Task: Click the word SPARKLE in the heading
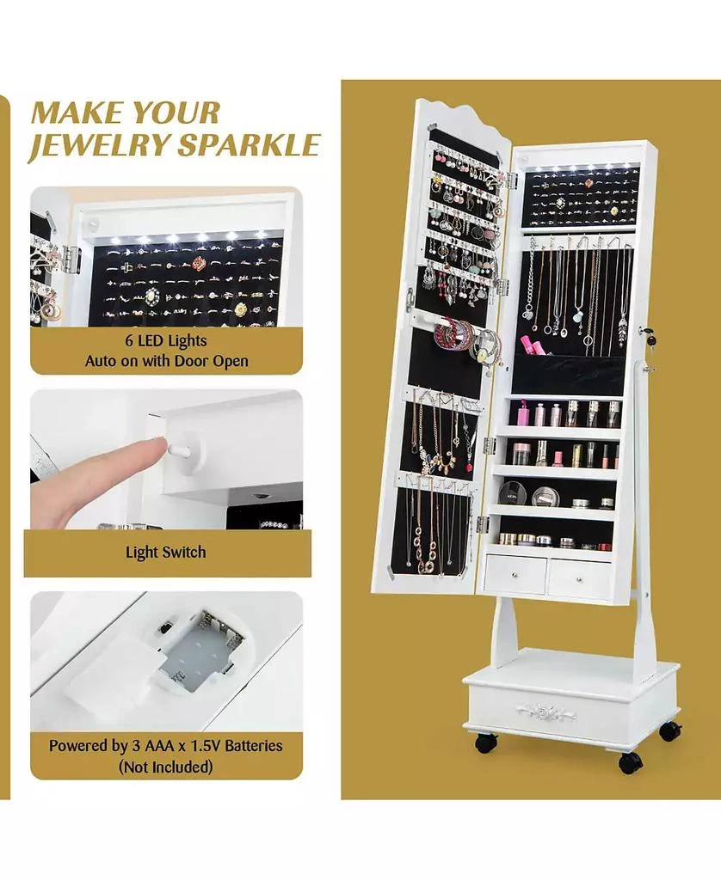coord(249,144)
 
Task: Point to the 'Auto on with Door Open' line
coord(166,361)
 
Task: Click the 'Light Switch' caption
coord(166,552)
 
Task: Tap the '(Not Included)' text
coord(166,766)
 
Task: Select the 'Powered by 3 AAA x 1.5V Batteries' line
coord(166,745)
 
